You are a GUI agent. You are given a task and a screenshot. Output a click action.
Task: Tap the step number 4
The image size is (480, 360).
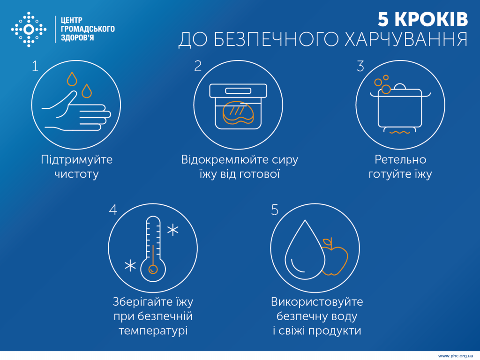[x=112, y=210]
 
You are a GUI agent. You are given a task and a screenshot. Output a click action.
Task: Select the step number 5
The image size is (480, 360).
[x=275, y=210]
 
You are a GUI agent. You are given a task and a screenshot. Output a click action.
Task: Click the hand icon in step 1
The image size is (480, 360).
[x=75, y=112]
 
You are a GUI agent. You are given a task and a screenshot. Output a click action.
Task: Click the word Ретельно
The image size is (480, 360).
[x=400, y=160]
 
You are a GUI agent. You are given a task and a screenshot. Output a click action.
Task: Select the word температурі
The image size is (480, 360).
[x=153, y=330]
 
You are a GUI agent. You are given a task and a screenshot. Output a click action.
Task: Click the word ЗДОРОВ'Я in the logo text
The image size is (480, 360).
[x=77, y=38]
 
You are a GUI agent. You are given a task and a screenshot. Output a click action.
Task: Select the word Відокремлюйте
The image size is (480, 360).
[x=219, y=160]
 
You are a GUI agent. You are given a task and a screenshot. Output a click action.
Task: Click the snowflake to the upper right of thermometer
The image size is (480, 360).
[x=173, y=230]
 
